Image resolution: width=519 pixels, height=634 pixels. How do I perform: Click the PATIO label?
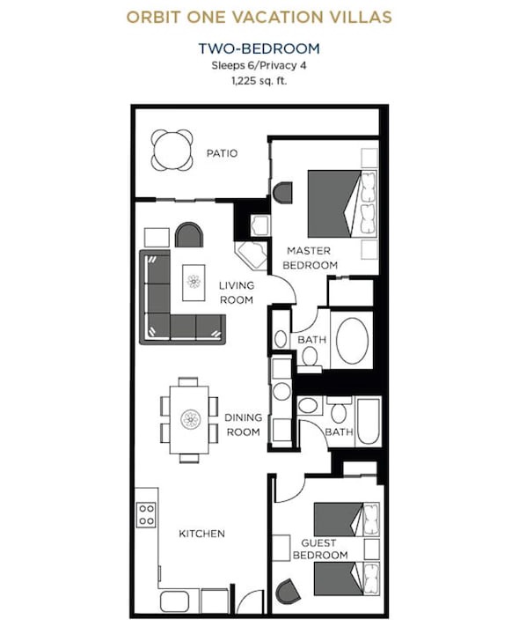coord(222,153)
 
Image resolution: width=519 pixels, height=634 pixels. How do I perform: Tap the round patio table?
coord(172,150)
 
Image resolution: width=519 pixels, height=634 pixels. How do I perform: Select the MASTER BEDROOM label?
coord(310,258)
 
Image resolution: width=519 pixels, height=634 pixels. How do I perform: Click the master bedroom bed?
coord(342,203)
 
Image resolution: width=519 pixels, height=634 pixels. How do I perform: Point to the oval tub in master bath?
coord(352,340)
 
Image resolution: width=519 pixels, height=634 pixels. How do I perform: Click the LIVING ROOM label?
coord(237,292)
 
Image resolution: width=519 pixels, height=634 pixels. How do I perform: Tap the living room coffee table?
coord(194,283)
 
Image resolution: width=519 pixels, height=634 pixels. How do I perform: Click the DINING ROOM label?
coord(243,424)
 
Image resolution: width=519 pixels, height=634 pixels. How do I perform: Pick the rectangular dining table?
coord(189,420)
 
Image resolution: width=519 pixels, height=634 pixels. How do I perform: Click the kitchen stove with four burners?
coord(146,514)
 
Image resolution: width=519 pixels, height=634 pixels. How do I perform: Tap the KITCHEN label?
coord(202,534)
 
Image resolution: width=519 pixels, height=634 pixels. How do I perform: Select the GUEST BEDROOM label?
coord(320,549)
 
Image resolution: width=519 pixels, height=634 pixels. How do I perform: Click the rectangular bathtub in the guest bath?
coord(369,421)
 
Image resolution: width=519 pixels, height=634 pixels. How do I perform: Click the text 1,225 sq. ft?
coord(259,81)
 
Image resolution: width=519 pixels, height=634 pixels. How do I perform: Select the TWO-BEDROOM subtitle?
coord(259,48)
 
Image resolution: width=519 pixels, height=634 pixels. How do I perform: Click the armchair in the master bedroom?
coord(282,192)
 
